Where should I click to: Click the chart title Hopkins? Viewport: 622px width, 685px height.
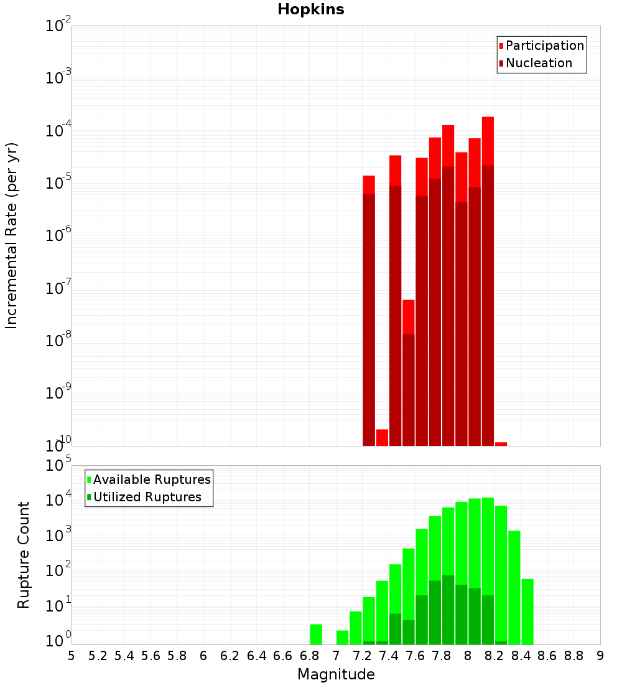coord(310,9)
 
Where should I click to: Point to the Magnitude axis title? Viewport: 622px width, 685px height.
coord(336,674)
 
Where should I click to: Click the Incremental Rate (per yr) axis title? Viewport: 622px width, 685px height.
coord(11,235)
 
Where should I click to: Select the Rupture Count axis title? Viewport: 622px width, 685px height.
coord(24,555)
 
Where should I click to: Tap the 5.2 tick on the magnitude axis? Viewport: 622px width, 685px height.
coord(98,656)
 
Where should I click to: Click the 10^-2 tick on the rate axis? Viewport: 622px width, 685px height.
coord(58,26)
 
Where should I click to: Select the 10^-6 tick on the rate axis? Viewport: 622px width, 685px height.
coord(58,235)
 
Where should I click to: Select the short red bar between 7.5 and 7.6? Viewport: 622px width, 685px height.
coord(408,316)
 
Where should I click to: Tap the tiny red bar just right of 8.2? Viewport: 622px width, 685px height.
coord(501,443)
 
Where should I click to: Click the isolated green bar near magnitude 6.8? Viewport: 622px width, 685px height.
coord(316,634)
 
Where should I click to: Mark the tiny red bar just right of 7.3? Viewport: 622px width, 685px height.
coord(382,437)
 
